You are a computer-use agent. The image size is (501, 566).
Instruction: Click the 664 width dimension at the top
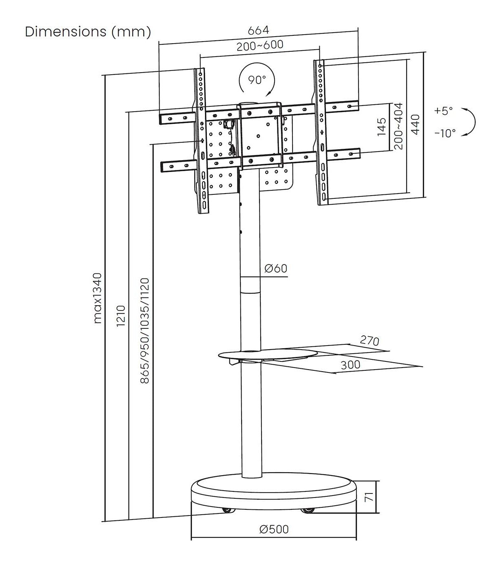coord(259,31)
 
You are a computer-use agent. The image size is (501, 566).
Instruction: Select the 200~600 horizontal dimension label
coord(260,45)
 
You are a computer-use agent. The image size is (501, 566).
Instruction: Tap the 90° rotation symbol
coord(257,79)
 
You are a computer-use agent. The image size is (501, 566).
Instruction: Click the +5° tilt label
coord(444,111)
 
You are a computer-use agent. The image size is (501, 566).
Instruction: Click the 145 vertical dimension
coord(382,127)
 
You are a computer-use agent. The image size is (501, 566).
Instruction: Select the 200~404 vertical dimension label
coord(398,126)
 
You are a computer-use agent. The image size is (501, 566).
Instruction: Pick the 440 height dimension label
coord(415,125)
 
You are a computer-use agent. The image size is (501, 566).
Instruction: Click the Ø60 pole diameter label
coord(275,269)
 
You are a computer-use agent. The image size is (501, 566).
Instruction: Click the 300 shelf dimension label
coord(350,365)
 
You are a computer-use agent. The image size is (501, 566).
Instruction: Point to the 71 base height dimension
coord(368,497)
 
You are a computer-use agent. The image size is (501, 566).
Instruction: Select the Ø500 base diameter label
coord(274,529)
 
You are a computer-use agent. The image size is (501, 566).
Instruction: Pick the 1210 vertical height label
coord(121,316)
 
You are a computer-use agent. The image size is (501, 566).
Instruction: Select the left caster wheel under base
coord(226,510)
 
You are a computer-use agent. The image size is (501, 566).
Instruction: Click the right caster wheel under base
coord(307,510)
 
